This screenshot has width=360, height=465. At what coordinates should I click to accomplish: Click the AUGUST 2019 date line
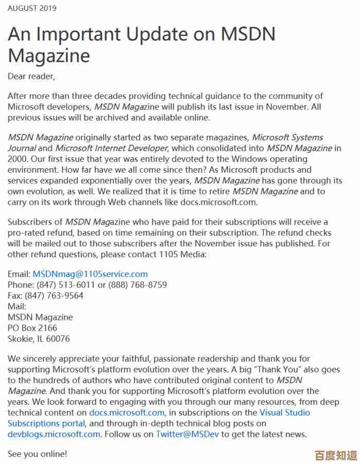tap(32, 8)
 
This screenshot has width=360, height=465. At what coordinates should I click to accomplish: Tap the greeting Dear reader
tap(31, 77)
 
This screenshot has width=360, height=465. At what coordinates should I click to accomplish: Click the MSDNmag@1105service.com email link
tap(90, 274)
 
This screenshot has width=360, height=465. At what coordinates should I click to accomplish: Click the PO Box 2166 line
tap(32, 328)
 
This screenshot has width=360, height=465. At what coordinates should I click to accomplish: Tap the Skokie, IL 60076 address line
tap(39, 339)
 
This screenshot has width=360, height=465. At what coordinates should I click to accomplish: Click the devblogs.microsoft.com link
tap(54, 434)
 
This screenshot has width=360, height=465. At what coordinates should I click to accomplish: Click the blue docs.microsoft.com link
tap(127, 413)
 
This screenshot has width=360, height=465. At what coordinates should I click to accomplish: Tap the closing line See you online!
tap(37, 454)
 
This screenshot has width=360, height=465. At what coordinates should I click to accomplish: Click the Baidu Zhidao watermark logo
tap(336, 455)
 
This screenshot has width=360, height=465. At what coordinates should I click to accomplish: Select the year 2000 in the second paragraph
tap(17, 159)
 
